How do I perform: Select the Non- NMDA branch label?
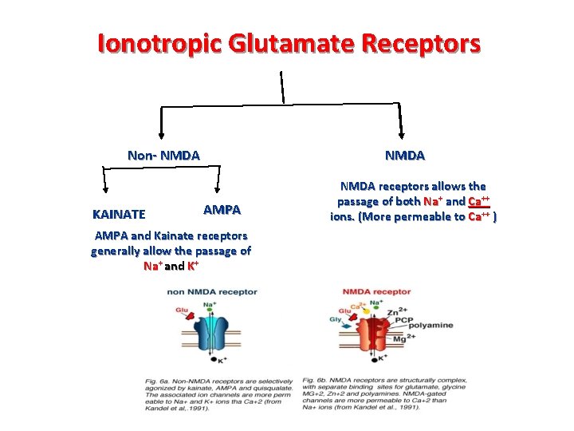click(163, 155)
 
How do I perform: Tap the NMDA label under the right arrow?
click(404, 155)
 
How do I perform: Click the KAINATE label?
click(119, 214)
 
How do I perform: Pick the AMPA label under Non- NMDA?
click(222, 209)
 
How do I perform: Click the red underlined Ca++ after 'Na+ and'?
click(478, 201)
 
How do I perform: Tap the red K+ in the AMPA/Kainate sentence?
click(193, 266)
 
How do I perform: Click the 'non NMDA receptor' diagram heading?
click(212, 292)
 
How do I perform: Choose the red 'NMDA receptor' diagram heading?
click(376, 292)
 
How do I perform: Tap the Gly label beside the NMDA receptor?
click(335, 319)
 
